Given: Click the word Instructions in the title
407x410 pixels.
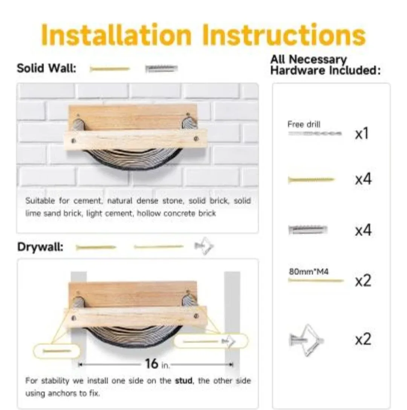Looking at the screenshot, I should [x=283, y=35].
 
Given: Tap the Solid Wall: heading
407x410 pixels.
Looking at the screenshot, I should [x=46, y=69].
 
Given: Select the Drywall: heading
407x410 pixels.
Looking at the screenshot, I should [x=40, y=247].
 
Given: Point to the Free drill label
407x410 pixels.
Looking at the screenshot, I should [x=304, y=124].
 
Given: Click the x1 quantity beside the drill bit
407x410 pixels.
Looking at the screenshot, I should [x=362, y=134].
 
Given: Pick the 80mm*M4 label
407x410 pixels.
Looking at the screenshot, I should [x=309, y=271].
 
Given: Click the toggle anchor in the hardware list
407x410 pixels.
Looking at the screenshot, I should [x=306, y=340].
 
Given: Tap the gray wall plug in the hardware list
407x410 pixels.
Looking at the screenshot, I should [x=308, y=229].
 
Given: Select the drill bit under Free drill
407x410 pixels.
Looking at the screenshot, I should [x=315, y=133].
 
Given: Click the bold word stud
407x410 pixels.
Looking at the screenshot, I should [x=184, y=381].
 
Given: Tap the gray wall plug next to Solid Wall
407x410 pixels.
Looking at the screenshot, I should [x=161, y=69].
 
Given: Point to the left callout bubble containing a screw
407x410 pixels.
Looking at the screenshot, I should [x=57, y=351].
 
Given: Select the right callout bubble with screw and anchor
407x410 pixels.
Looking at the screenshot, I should [x=211, y=341].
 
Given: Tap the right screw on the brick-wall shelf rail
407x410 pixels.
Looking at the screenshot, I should [x=196, y=139].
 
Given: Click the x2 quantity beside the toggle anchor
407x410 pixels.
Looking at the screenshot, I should [x=363, y=340].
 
